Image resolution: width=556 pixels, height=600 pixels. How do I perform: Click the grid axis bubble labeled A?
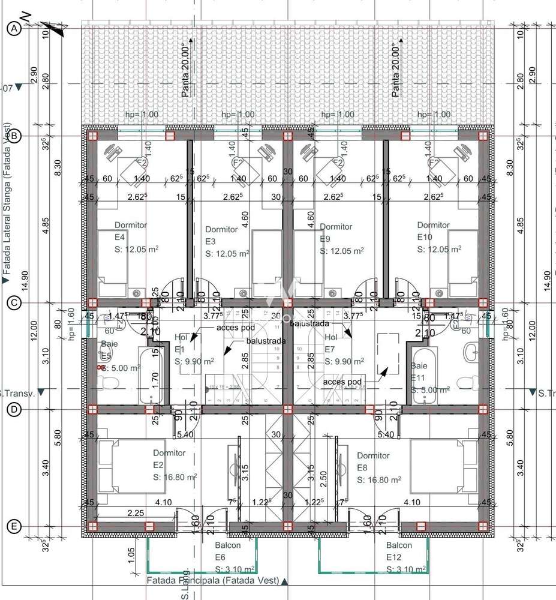coord(14,28)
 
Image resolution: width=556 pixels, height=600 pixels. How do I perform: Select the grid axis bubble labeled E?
coord(14,527)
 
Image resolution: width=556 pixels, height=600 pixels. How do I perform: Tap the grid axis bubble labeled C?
coord(14,303)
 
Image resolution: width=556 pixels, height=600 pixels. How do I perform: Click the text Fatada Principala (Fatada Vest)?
coord(213,581)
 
